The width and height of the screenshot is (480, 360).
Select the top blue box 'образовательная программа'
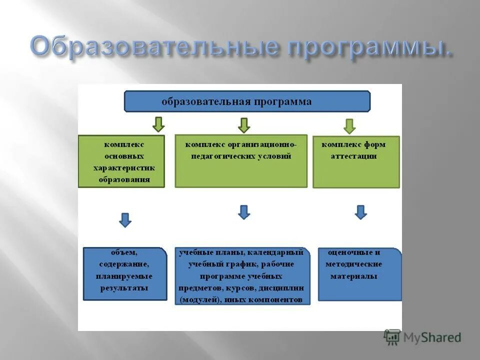click(x=247, y=101)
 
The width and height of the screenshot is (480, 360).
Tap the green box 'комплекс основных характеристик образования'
click(x=121, y=161)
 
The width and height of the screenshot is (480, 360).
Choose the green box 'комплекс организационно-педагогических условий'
click(x=241, y=161)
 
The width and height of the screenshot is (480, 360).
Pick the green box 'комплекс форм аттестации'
click(x=356, y=161)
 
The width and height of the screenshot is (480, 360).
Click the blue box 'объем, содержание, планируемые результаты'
click(x=125, y=273)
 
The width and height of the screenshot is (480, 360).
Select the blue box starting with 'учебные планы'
click(x=242, y=276)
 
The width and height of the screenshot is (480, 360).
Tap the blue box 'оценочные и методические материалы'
click(x=360, y=274)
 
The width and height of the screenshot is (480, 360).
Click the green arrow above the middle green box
click(x=244, y=125)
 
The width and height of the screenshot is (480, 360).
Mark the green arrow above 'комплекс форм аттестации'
click(x=349, y=125)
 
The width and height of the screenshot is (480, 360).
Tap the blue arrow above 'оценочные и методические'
click(x=361, y=212)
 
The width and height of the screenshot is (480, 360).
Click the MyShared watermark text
click(x=432, y=337)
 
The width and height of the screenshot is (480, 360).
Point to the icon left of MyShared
click(x=392, y=337)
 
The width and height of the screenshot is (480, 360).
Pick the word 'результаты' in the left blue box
click(x=124, y=288)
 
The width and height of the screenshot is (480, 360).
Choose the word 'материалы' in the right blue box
click(x=353, y=276)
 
